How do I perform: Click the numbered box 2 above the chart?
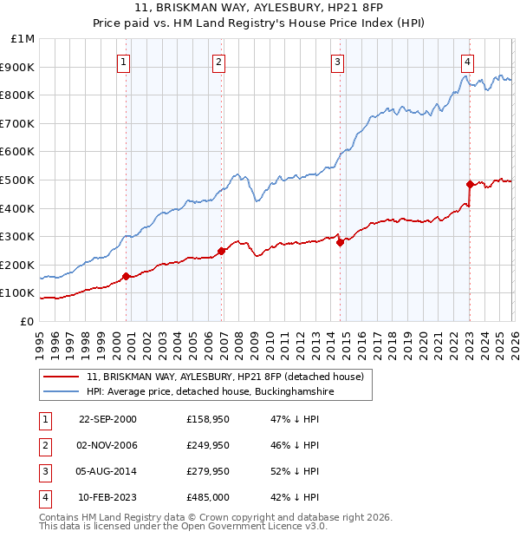point(219,62)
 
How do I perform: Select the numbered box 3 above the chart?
point(337,62)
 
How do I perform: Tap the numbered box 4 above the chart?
point(467,62)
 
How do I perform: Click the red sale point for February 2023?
point(470,184)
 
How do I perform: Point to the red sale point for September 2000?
point(127,277)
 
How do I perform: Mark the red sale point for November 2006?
point(221,251)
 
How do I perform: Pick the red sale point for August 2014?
point(340,243)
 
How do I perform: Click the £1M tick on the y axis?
point(23,39)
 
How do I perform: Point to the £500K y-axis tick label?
point(19,180)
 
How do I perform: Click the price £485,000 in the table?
point(208,498)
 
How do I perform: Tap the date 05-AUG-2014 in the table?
point(107,472)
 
